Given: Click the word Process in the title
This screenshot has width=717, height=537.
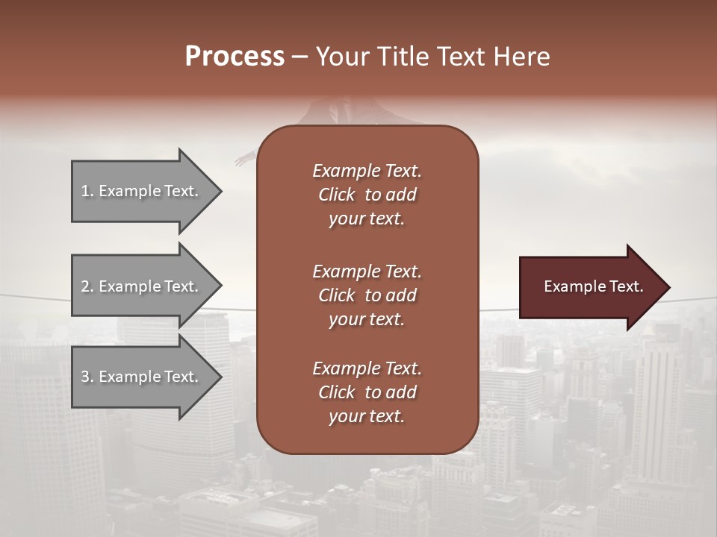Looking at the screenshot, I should [x=235, y=57].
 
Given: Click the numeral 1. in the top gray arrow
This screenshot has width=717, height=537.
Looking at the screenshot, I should [x=87, y=191].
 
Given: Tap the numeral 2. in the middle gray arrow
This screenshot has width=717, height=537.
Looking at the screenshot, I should [x=87, y=286].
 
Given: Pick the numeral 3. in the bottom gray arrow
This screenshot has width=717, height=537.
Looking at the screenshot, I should [x=87, y=377].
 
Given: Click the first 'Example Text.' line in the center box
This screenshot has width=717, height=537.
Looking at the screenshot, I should [x=367, y=171].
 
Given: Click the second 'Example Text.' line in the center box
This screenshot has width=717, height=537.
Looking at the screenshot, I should [x=367, y=271].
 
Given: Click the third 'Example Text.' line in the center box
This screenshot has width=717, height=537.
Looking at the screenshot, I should [x=367, y=368].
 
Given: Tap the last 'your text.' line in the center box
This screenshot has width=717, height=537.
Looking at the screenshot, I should [x=367, y=416].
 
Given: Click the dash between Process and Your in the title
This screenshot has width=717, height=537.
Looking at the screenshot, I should [x=299, y=57].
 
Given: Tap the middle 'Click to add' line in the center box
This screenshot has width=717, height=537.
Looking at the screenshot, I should [x=367, y=295].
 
